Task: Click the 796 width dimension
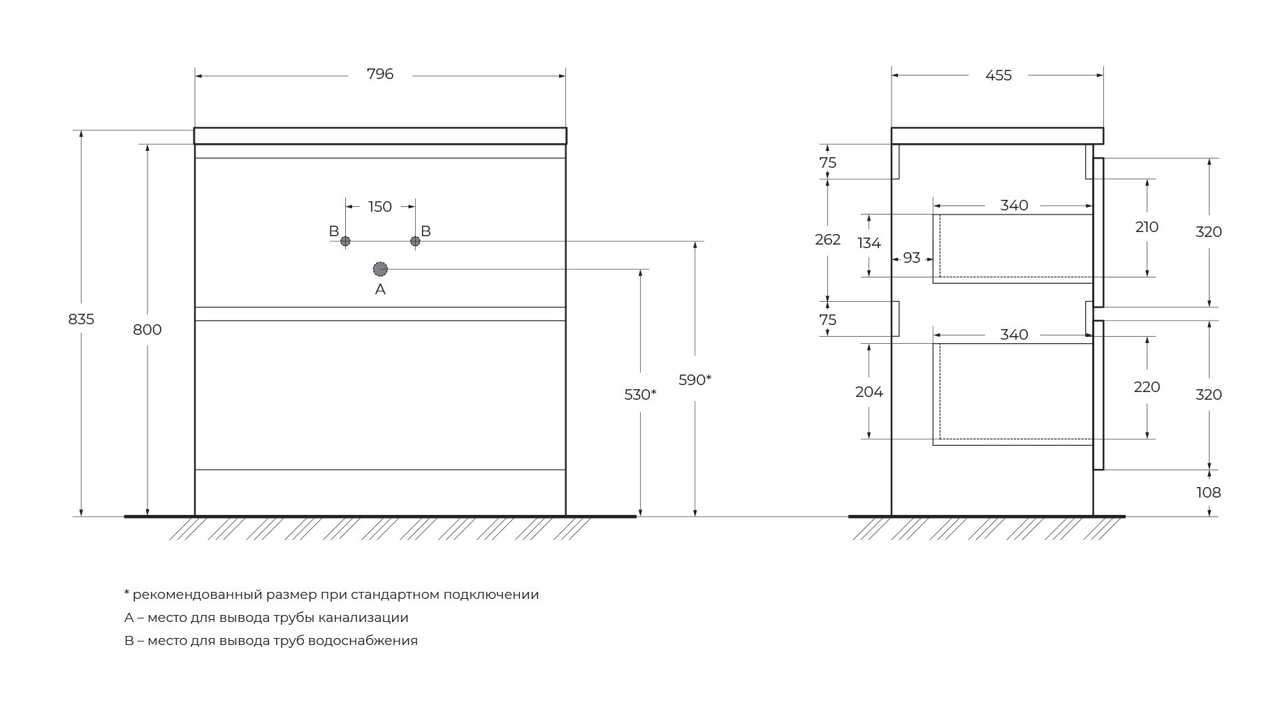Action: (x=380, y=74)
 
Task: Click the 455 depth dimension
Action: (x=999, y=75)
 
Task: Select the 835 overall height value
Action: (x=81, y=319)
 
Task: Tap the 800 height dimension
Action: (x=147, y=330)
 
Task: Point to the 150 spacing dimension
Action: (x=380, y=207)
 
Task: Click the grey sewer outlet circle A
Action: (x=380, y=269)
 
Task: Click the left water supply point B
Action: (x=345, y=241)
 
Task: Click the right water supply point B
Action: (x=415, y=241)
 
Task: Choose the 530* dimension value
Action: (x=640, y=395)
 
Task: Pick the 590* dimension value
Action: (x=695, y=380)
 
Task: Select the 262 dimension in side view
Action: (x=828, y=240)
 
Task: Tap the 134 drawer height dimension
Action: (x=869, y=243)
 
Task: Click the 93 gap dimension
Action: (x=912, y=258)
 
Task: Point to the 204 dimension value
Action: (x=869, y=393)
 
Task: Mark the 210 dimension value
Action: (x=1147, y=227)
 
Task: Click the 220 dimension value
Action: (x=1147, y=387)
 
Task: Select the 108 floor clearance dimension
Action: (x=1209, y=493)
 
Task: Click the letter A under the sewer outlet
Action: (x=380, y=289)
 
